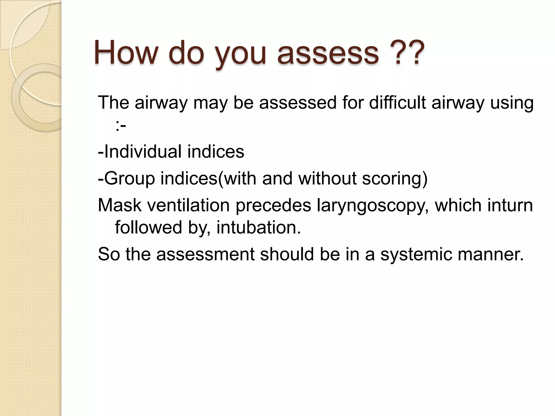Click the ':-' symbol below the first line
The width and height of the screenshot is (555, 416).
point(121,125)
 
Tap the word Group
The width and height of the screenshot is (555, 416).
point(130,178)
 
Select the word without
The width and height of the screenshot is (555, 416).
point(327,178)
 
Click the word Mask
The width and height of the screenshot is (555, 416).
point(119,205)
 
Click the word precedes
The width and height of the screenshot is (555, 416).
point(273,205)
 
